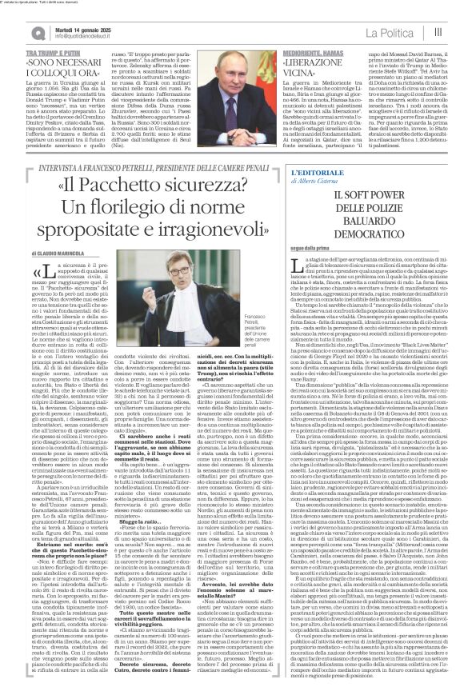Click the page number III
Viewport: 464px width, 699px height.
[x=438, y=32]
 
